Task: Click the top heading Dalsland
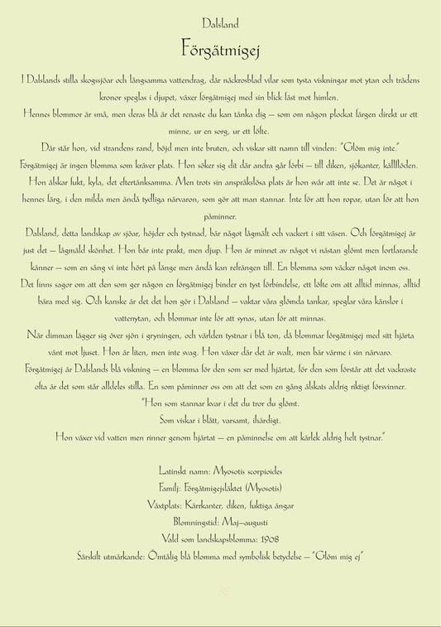pos(220,24)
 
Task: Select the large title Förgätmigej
pos(220,49)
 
